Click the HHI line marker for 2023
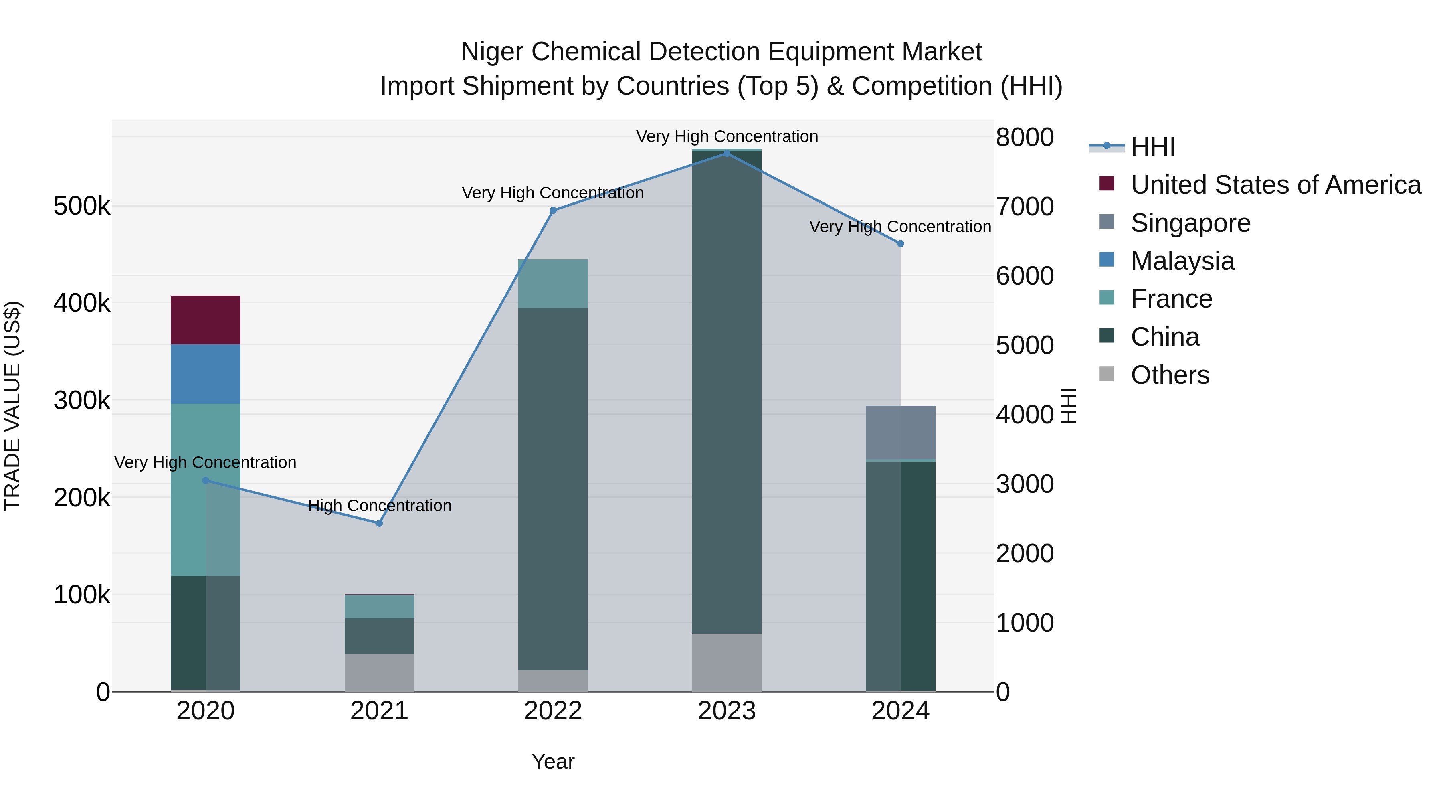point(727,153)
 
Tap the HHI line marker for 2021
point(379,523)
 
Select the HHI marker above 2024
point(900,244)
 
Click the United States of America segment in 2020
point(206,320)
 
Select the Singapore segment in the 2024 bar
point(900,432)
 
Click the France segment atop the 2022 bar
point(553,283)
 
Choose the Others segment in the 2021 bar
point(379,672)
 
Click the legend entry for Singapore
point(1190,223)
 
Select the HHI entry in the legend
point(1152,147)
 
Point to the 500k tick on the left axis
point(82,206)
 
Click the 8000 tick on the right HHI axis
point(1025,137)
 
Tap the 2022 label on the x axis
point(553,711)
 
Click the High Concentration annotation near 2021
point(380,506)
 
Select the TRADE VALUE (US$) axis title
point(12,406)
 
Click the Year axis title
point(553,761)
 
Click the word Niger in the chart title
point(491,52)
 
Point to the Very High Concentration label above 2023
point(727,136)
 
